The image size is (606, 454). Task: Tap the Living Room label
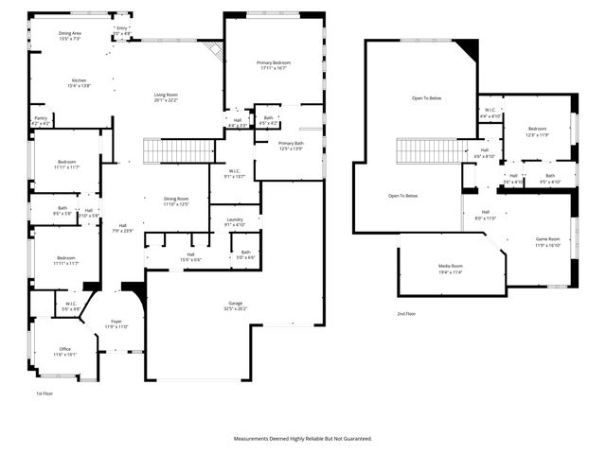click(166, 96)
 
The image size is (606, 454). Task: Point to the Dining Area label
click(71, 35)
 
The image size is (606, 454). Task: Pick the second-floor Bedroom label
click(537, 130)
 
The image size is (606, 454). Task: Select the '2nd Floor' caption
click(406, 313)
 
